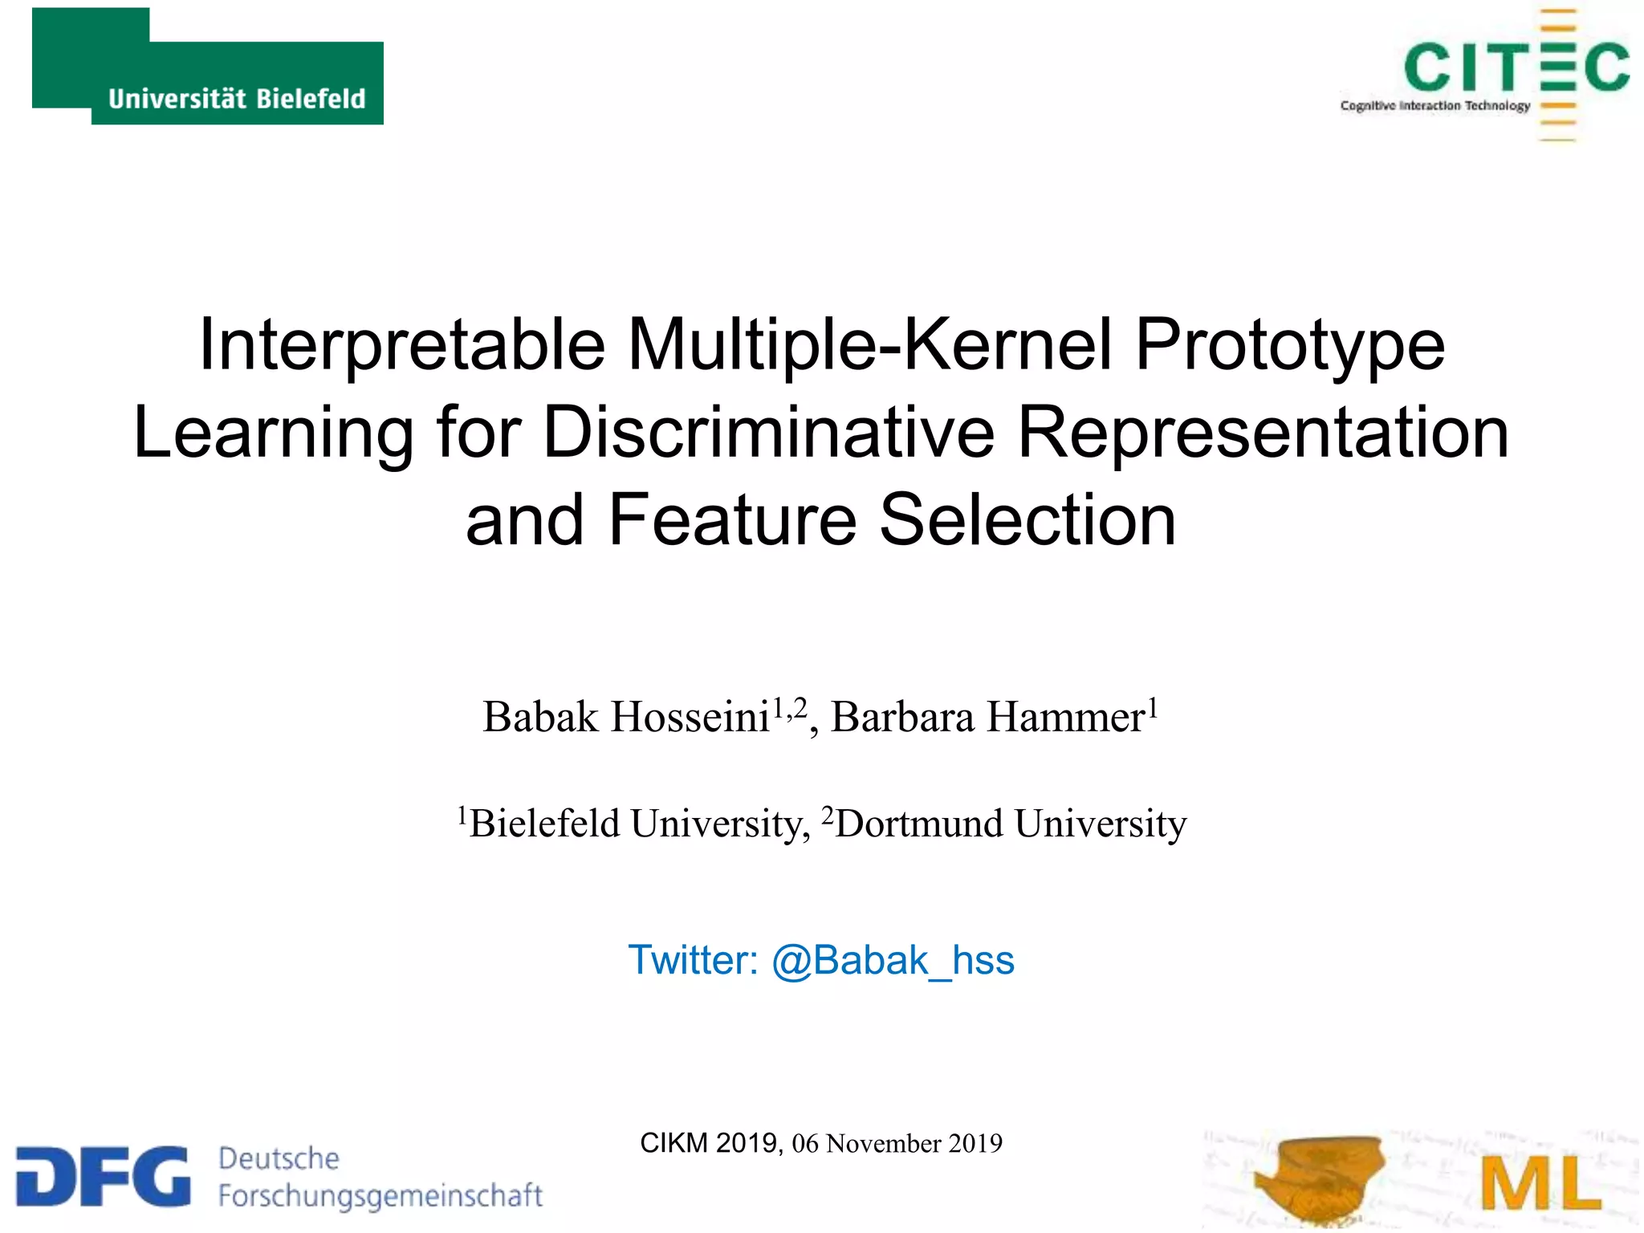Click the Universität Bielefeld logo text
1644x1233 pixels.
coord(237,99)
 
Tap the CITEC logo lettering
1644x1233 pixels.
coord(1516,67)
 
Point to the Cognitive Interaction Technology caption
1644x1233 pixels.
coord(1434,106)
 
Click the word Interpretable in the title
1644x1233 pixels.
coord(401,345)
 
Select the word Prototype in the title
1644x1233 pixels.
coord(1290,345)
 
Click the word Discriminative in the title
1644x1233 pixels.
coord(769,433)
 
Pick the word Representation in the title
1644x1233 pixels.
coord(1264,433)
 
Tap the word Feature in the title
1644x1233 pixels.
coord(732,520)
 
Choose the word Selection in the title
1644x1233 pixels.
coord(1027,520)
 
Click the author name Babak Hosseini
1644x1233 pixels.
coord(626,717)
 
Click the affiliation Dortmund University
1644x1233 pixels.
coord(1010,824)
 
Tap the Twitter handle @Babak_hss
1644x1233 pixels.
coord(893,961)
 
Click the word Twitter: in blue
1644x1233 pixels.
coord(693,961)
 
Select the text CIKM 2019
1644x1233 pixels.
coord(708,1142)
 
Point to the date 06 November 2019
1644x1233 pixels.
coord(897,1143)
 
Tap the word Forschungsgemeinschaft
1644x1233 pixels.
coord(380,1195)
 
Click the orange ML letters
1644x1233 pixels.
coord(1540,1183)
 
